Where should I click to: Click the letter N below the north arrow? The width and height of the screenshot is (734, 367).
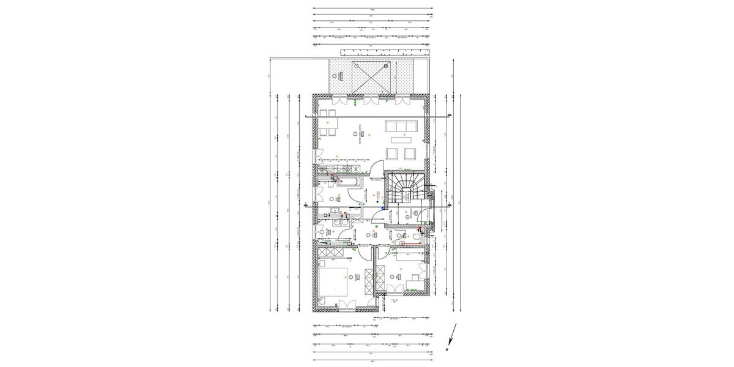pyautogui.click(x=448, y=349)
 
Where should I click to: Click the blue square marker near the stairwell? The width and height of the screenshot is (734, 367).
pyautogui.click(x=384, y=208)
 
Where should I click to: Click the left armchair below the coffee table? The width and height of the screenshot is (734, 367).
pyautogui.click(x=392, y=152)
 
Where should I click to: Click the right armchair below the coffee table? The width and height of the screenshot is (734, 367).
pyautogui.click(x=408, y=152)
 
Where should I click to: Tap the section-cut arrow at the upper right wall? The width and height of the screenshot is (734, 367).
pyautogui.click(x=450, y=116)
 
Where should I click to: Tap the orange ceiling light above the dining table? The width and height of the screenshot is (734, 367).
pyautogui.click(x=328, y=122)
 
